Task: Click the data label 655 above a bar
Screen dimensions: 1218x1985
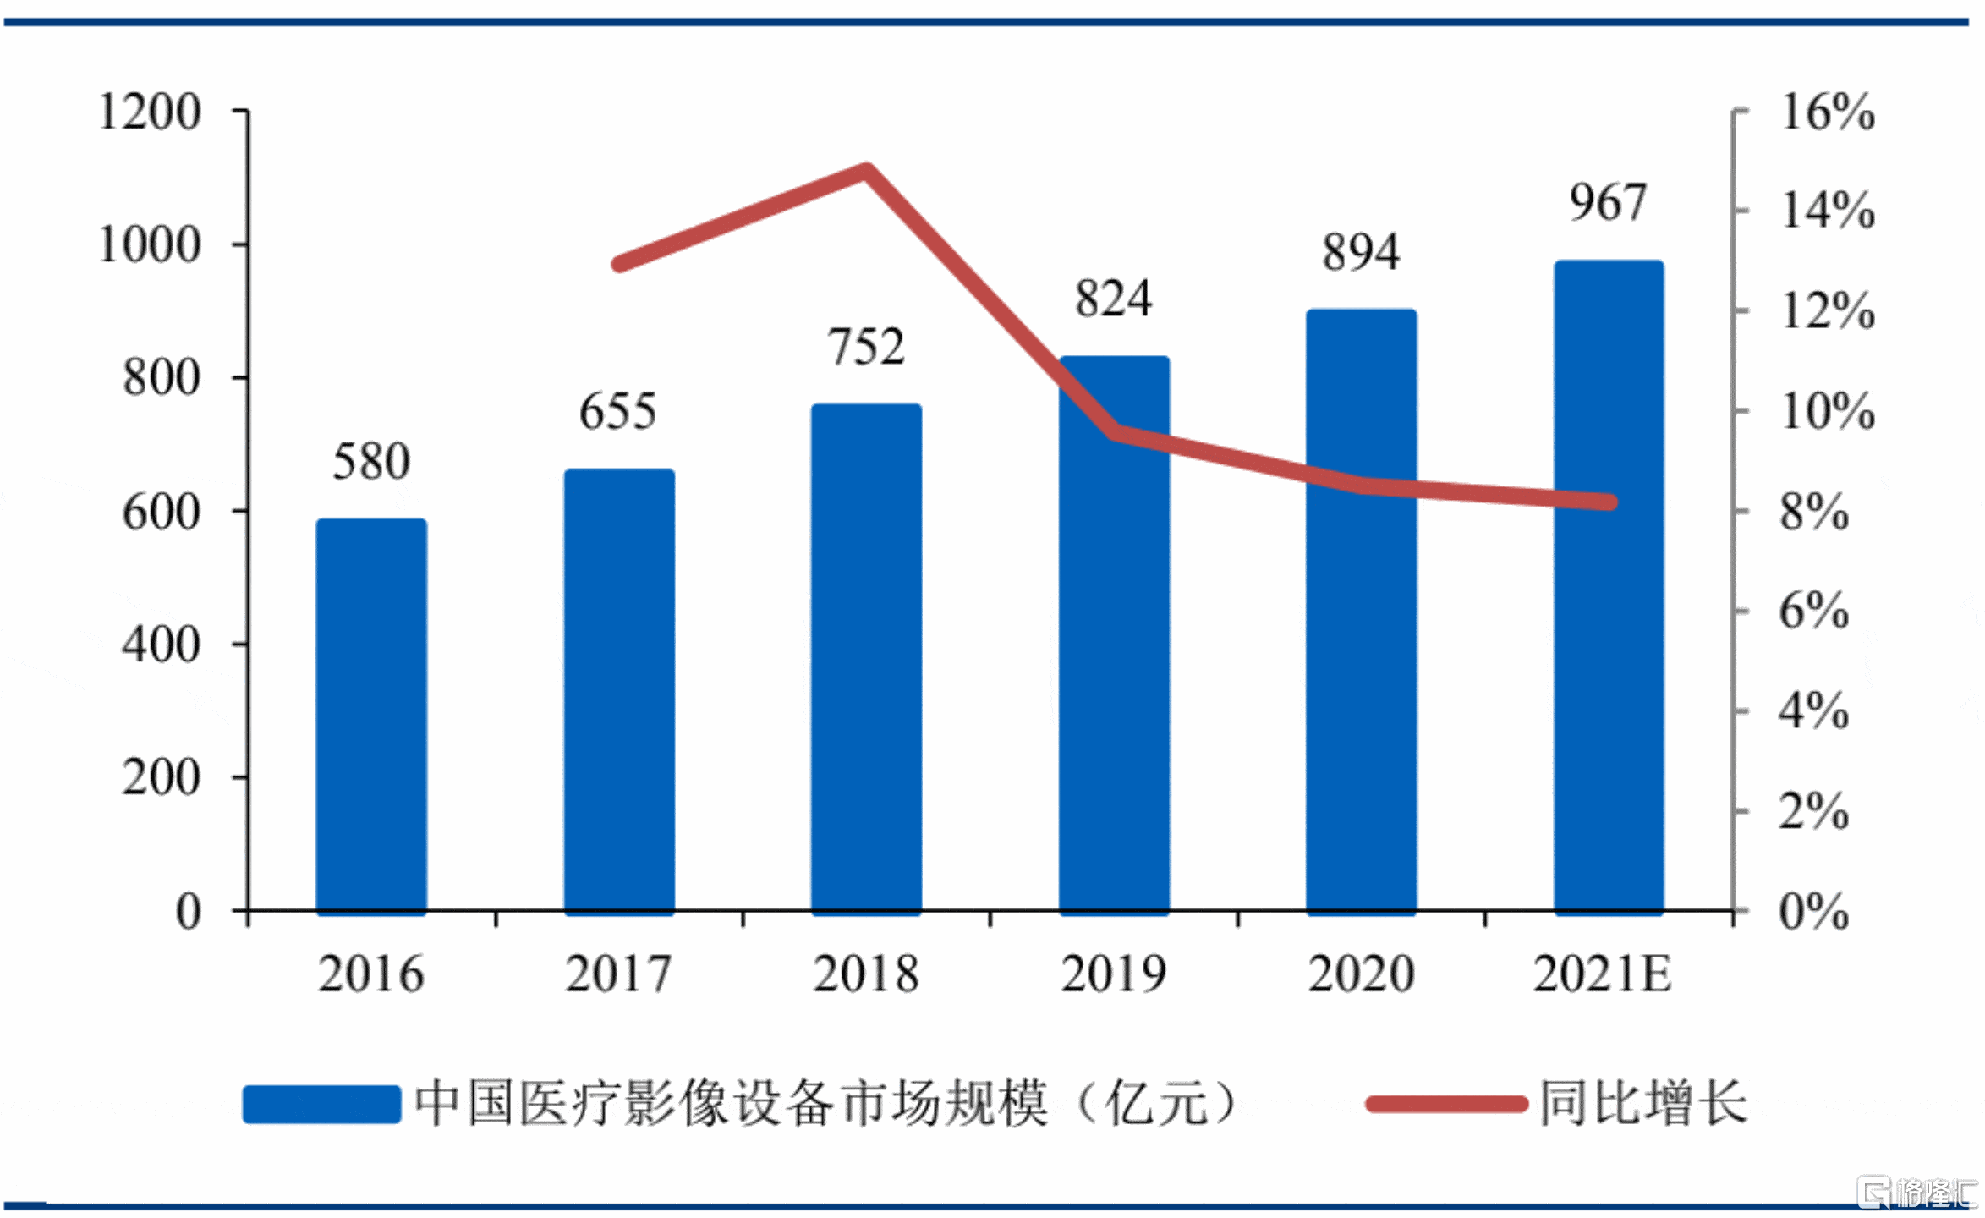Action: (617, 412)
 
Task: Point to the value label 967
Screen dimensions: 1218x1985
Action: (1608, 203)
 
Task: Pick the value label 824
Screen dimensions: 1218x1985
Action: (1113, 299)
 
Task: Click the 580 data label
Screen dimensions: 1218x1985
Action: (371, 462)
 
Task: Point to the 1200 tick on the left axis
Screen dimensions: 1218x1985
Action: (150, 112)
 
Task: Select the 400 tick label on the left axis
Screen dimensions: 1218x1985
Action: (161, 645)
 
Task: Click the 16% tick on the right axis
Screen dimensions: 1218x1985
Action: (1828, 112)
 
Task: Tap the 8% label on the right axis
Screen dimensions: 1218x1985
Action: (1814, 512)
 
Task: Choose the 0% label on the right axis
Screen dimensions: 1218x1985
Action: (1814, 912)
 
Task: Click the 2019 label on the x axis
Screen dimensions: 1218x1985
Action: (1113, 974)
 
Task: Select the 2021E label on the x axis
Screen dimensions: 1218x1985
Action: (1602, 974)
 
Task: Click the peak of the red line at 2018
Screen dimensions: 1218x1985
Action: (866, 170)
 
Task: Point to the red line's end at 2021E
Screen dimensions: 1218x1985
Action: (1610, 502)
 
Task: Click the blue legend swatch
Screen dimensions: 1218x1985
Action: (321, 1104)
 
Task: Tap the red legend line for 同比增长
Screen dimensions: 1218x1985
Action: (1446, 1104)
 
